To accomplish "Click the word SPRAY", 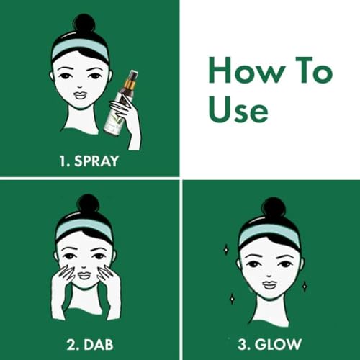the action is (x=96, y=161).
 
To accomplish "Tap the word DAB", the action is (x=99, y=345).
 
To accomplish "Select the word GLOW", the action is (x=278, y=344).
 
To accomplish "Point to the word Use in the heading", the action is (x=238, y=110).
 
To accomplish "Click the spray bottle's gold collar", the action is (x=129, y=84).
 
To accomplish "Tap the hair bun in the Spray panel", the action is (x=84, y=24).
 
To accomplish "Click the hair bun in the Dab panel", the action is (x=88, y=204).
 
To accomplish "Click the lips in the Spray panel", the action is (x=80, y=96).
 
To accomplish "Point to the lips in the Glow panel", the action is (x=269, y=285).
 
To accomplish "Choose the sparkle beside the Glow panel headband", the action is (x=226, y=250).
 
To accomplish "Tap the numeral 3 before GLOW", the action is (x=243, y=345).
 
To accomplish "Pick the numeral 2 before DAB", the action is (x=71, y=345).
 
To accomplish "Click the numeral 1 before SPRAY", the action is (x=63, y=161).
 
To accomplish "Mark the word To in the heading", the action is (x=315, y=70).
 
